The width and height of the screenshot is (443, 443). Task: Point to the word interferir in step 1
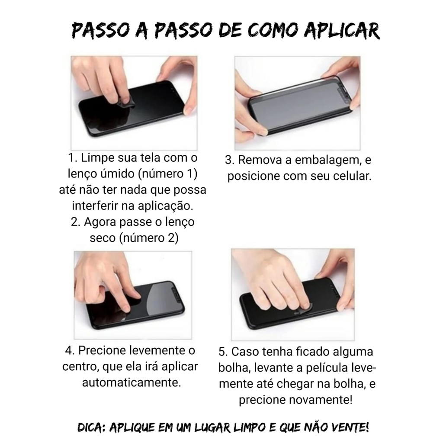coord(95,205)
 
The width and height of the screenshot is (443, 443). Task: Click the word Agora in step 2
coord(100,222)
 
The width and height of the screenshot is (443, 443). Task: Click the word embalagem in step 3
coord(328,161)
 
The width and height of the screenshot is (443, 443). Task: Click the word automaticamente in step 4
coord(132,383)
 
